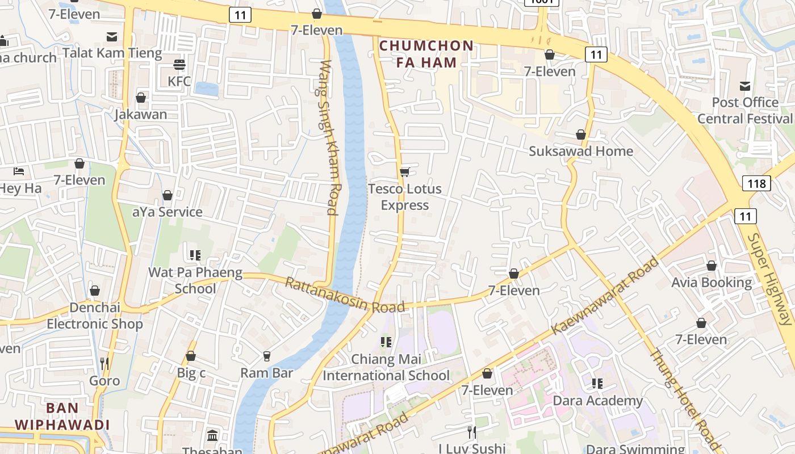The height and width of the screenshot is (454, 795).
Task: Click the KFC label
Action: point(179,81)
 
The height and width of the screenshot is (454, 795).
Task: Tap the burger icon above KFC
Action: point(179,65)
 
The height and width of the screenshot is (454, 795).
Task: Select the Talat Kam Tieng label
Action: point(112,53)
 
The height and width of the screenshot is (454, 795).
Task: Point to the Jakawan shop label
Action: point(141,114)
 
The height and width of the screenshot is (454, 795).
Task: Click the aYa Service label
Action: point(167,212)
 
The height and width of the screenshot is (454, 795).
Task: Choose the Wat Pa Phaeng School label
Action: point(195,280)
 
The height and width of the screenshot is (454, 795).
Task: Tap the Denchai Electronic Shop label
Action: point(95,316)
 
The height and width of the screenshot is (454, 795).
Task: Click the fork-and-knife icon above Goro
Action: point(104,363)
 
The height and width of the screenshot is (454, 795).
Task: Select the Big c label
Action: point(191,373)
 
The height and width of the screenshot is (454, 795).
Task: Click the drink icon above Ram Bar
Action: point(266,356)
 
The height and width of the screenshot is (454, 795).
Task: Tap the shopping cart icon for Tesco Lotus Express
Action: point(404,172)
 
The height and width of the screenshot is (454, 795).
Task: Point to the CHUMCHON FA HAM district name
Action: point(426,54)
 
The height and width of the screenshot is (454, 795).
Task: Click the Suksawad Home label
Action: point(580,151)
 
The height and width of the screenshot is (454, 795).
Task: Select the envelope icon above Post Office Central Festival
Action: point(745,86)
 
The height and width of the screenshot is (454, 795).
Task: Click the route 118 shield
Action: point(756,183)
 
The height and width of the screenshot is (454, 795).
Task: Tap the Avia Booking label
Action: point(711,282)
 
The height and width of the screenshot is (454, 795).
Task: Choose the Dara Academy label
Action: point(597,401)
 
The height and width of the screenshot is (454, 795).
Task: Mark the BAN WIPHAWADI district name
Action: point(62,416)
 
